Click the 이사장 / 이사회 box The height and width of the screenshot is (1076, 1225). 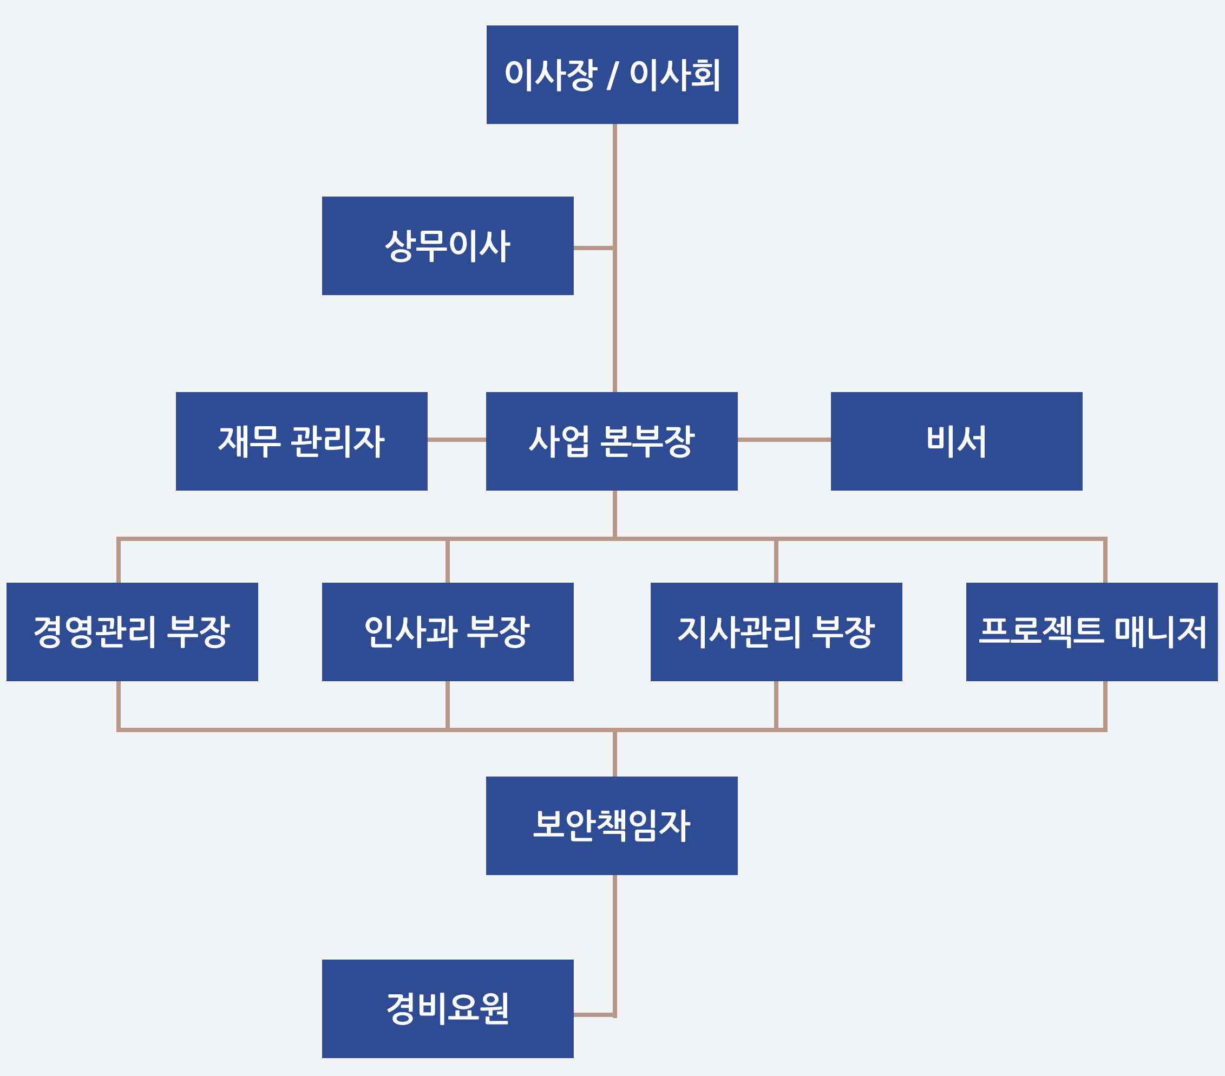[612, 75]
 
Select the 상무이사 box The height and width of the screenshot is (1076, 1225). [448, 246]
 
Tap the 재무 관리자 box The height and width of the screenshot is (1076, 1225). [302, 441]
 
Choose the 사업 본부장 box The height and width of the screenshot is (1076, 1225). [611, 441]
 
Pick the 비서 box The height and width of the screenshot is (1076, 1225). [956, 441]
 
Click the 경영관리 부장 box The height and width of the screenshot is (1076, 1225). [132, 632]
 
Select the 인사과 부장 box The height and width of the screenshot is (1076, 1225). [448, 632]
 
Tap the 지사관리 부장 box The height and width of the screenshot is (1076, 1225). [776, 632]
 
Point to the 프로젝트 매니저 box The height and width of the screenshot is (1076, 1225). [1091, 632]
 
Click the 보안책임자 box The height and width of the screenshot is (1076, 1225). [611, 825]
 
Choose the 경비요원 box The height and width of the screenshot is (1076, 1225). [448, 1009]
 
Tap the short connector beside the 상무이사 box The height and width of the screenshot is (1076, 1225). [593, 247]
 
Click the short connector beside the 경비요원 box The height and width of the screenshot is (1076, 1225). [593, 1015]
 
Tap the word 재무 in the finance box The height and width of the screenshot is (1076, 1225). [248, 441]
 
